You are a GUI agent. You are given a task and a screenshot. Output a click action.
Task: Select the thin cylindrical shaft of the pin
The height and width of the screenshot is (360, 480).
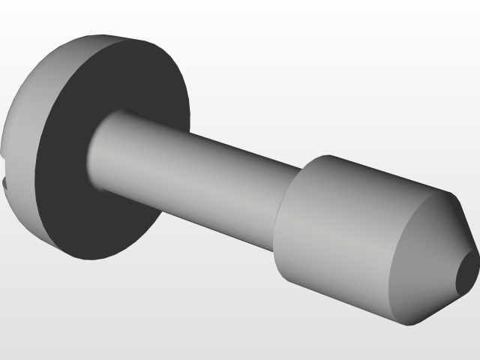(x=195, y=172)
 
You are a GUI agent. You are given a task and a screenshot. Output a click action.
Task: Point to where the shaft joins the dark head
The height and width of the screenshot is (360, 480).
(x=93, y=150)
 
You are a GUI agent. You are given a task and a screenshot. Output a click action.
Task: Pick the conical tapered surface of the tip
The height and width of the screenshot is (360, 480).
(x=427, y=255)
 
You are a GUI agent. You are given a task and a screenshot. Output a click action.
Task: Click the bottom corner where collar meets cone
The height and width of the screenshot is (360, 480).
(x=409, y=325)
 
